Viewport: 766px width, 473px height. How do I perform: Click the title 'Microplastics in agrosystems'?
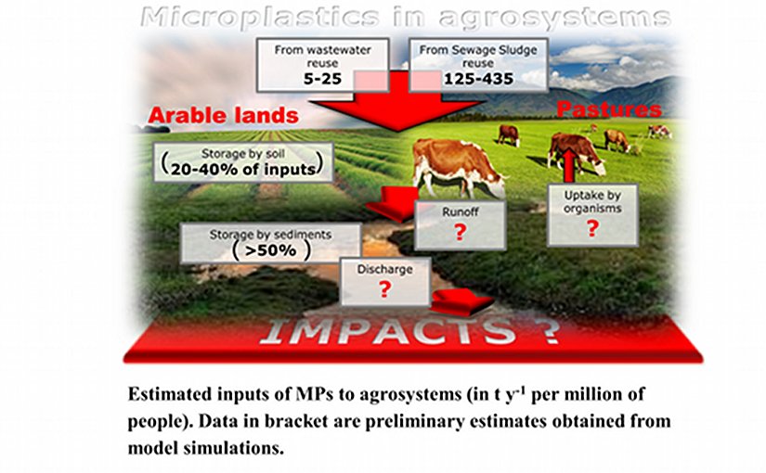click(405, 18)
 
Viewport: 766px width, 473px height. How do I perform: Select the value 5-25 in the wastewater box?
click(322, 79)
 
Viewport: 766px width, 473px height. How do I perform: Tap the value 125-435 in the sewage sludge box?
click(478, 79)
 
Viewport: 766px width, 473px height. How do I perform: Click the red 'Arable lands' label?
click(223, 116)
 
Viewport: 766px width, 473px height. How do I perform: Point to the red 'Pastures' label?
click(609, 109)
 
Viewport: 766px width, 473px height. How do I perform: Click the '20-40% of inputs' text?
click(242, 169)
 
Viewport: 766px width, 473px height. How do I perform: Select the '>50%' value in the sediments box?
click(270, 250)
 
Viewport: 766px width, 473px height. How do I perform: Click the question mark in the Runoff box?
click(460, 233)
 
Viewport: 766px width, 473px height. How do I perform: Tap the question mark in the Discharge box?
click(385, 289)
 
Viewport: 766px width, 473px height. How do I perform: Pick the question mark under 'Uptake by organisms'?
click(592, 228)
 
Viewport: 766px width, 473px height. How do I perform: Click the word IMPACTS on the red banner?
click(387, 332)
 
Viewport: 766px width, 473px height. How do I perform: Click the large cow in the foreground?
click(457, 166)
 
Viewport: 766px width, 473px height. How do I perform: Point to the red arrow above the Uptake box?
click(569, 163)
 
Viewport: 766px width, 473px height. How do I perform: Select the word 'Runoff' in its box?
click(461, 211)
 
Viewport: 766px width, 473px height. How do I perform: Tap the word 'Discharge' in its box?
click(384, 269)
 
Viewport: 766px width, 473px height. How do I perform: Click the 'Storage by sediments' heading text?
click(270, 235)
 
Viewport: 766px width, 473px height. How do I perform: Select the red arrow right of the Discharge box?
click(461, 301)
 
